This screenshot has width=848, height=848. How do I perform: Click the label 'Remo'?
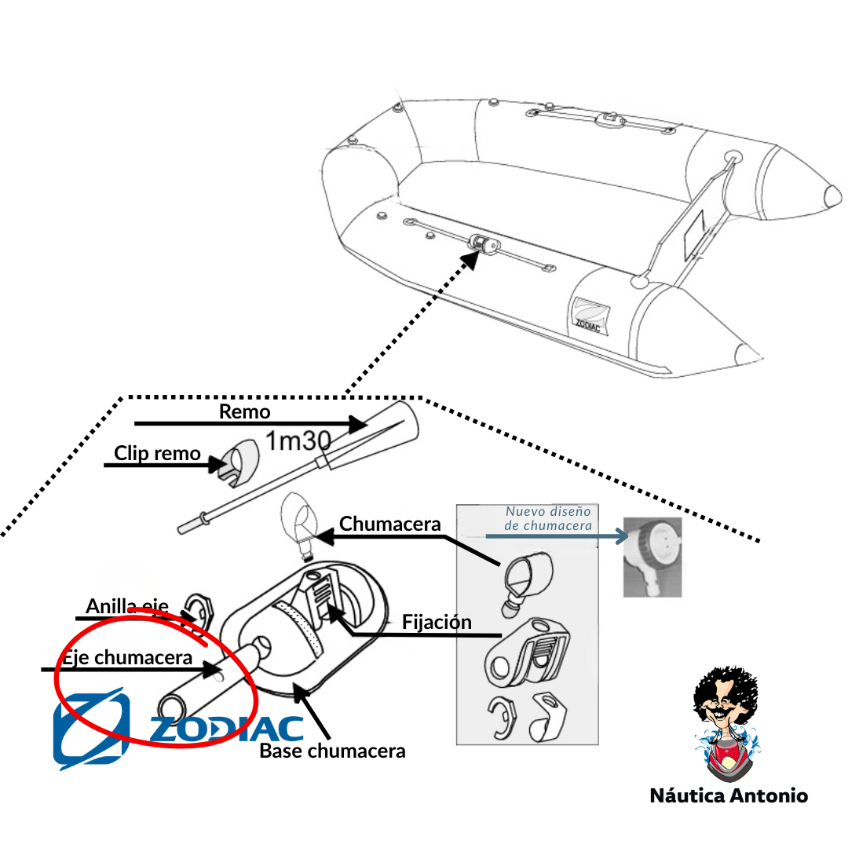tap(244, 411)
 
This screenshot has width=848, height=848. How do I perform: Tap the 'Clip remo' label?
tap(157, 453)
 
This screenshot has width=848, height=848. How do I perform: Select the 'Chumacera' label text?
tap(389, 524)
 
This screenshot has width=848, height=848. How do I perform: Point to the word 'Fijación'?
tap(437, 623)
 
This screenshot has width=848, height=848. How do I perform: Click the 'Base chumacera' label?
tap(332, 751)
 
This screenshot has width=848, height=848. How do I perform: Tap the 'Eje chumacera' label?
tap(127, 658)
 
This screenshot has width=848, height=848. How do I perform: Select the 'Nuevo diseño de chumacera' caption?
tap(548, 518)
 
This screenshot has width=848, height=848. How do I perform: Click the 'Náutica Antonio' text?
tap(729, 795)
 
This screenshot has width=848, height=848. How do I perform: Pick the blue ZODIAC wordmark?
tap(226, 729)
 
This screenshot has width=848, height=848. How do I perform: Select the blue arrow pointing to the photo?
tap(557, 536)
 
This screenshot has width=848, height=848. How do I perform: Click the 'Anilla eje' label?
tap(127, 606)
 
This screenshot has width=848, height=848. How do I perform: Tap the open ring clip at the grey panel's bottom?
tap(503, 717)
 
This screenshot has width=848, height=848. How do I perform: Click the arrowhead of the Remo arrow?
tap(359, 424)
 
